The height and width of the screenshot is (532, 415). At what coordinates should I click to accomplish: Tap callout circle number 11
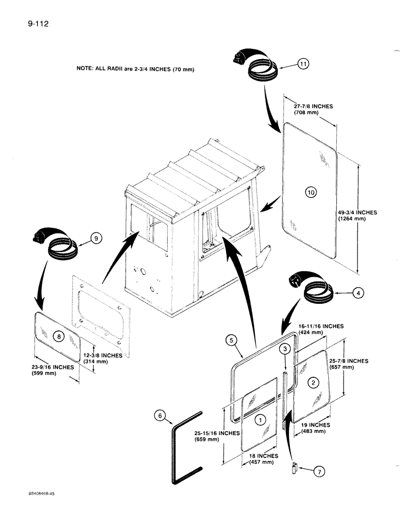pos(303,64)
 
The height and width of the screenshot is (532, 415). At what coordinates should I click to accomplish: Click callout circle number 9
pos(95,239)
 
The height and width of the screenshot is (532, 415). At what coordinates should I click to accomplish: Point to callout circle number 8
pos(59,336)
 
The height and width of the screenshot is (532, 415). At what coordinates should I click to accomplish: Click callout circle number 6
pos(159,417)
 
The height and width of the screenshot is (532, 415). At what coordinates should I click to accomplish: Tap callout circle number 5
pos(230,339)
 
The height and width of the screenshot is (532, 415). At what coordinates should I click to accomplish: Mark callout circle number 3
pos(285,348)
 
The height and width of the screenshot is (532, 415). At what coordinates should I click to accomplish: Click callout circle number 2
pos(314,381)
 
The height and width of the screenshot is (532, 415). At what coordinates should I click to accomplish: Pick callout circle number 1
pos(260,420)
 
